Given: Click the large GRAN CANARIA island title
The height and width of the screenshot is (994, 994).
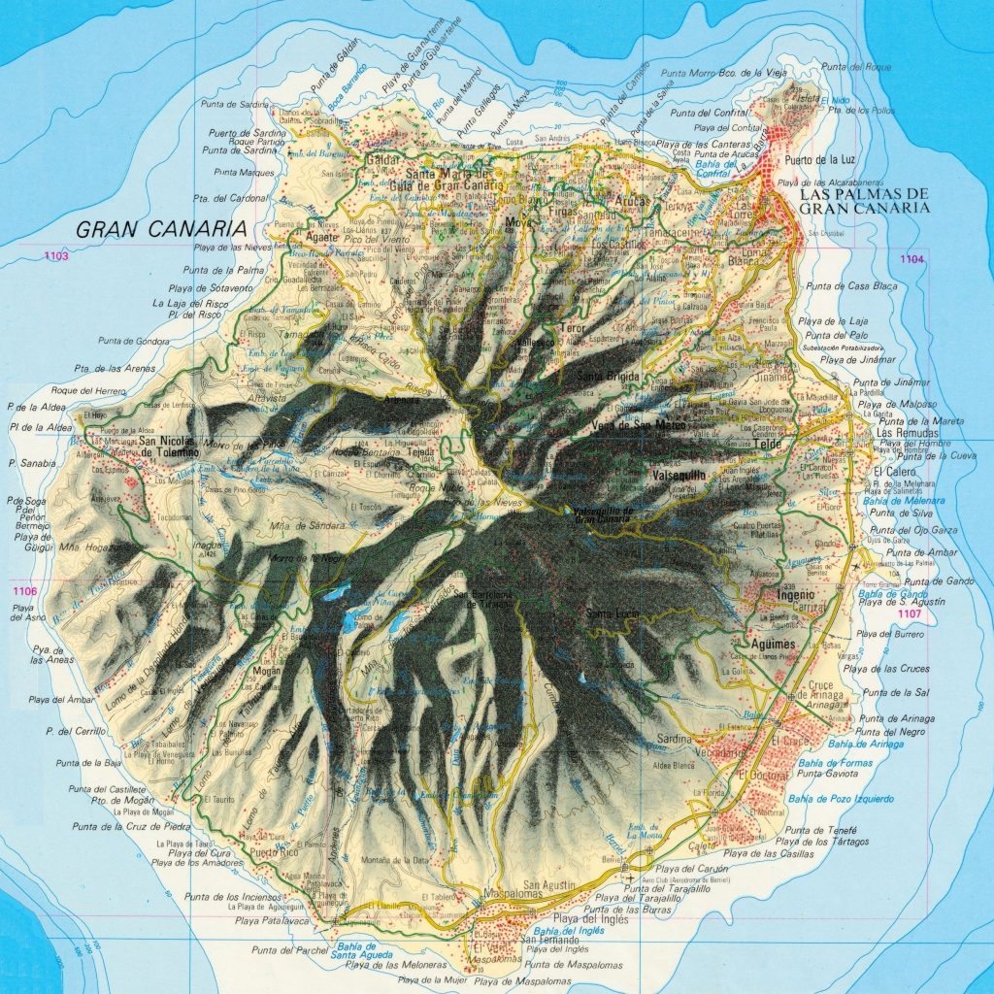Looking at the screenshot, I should pyautogui.click(x=159, y=229).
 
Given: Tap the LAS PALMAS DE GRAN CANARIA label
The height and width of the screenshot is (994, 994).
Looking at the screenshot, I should pyautogui.click(x=865, y=201).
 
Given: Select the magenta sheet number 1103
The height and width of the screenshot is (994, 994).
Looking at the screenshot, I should pyautogui.click(x=56, y=256).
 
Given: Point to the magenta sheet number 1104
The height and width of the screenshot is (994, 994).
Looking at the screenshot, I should pyautogui.click(x=911, y=259).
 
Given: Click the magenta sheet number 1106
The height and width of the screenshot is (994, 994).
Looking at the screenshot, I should pyautogui.click(x=24, y=591).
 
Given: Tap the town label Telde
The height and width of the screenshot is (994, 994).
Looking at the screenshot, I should pyautogui.click(x=767, y=445).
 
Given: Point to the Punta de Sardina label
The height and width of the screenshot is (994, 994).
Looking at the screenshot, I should pyautogui.click(x=234, y=103).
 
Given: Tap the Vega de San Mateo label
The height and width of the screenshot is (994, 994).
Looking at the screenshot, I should pyautogui.click(x=638, y=425).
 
